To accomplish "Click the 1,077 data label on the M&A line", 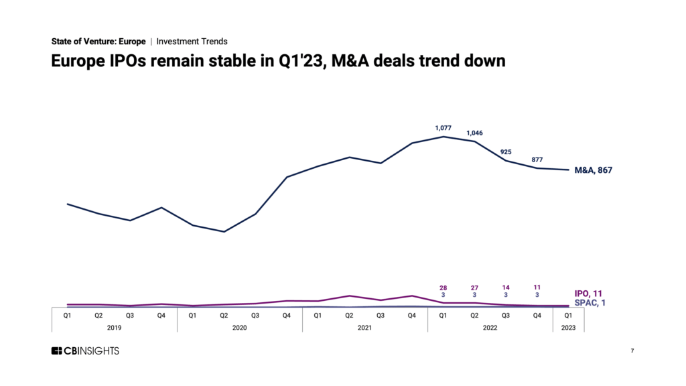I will [443, 127].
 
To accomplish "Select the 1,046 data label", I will [474, 132].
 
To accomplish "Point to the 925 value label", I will [506, 152].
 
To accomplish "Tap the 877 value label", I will [537, 159].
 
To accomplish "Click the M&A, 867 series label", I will [594, 170].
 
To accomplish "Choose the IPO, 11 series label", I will [589, 294].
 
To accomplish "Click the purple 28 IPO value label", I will [443, 287].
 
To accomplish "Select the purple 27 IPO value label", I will [474, 287].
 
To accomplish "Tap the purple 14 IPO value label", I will [506, 287].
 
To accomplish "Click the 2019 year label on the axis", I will [115, 327].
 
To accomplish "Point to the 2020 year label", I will [240, 327].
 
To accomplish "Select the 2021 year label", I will [365, 327].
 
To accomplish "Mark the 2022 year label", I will [490, 327].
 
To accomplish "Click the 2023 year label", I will [568, 327].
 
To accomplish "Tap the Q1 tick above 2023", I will [568, 314].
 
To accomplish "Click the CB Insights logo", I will [85, 351].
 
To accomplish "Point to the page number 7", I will [632, 351].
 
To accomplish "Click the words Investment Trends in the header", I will [192, 42].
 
